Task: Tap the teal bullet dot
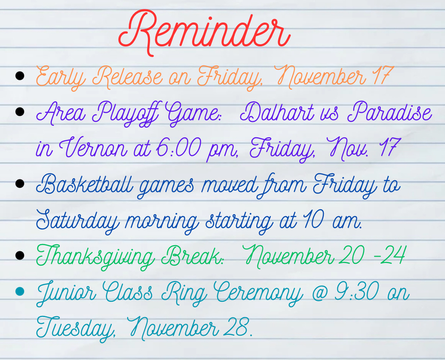tap(19, 291)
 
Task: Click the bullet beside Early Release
tap(19, 77)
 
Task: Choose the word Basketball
tap(82, 185)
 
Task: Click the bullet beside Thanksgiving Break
tap(19, 255)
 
